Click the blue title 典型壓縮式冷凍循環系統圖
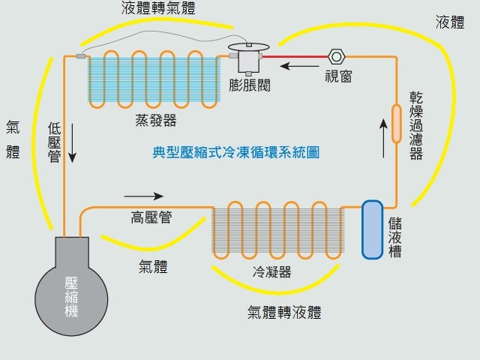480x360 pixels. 236,153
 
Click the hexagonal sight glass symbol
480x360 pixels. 335,56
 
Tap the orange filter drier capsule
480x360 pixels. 395,123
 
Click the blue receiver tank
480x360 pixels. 371,229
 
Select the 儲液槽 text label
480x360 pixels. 395,238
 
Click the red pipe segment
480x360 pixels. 297,55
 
